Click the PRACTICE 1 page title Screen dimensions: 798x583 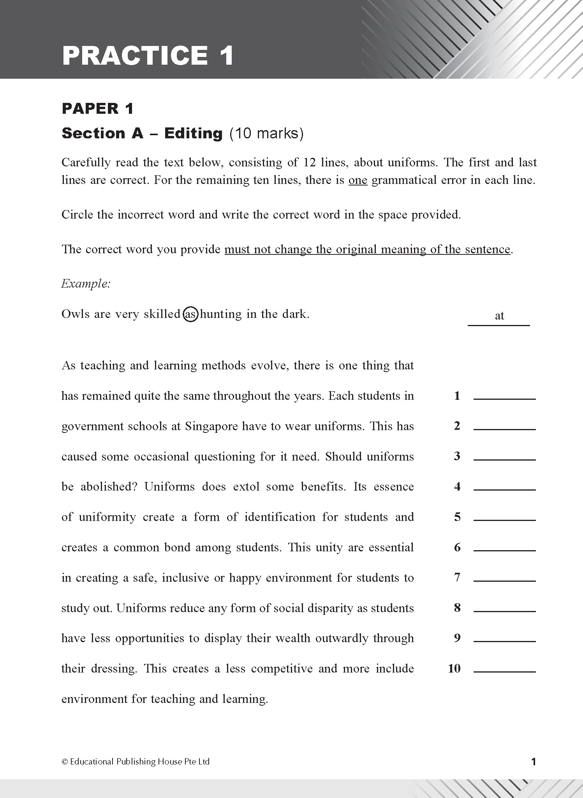coord(148,55)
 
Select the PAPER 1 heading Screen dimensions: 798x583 coord(97,109)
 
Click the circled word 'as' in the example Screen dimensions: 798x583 coord(190,314)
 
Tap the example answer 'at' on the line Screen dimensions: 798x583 coord(499,316)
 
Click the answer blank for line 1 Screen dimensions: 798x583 coord(504,396)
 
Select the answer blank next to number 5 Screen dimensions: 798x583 coord(504,517)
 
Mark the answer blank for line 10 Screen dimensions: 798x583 coord(504,669)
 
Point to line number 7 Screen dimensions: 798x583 coord(457,577)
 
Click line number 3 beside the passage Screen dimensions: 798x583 coord(457,456)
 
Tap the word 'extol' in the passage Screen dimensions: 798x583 coord(247,487)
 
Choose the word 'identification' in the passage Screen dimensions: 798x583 coord(280,517)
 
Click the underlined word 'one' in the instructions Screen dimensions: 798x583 coord(358,180)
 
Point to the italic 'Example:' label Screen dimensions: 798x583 coord(86,284)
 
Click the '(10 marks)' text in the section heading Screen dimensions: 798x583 coord(266,134)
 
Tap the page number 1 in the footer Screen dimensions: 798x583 coord(534,762)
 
